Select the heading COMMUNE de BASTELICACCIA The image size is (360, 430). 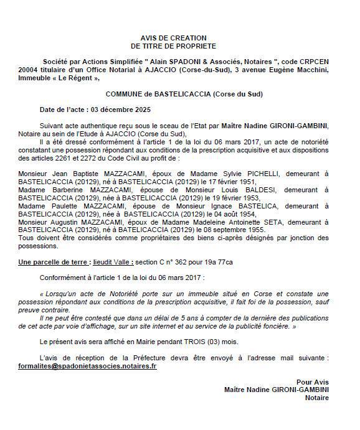(184, 94)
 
